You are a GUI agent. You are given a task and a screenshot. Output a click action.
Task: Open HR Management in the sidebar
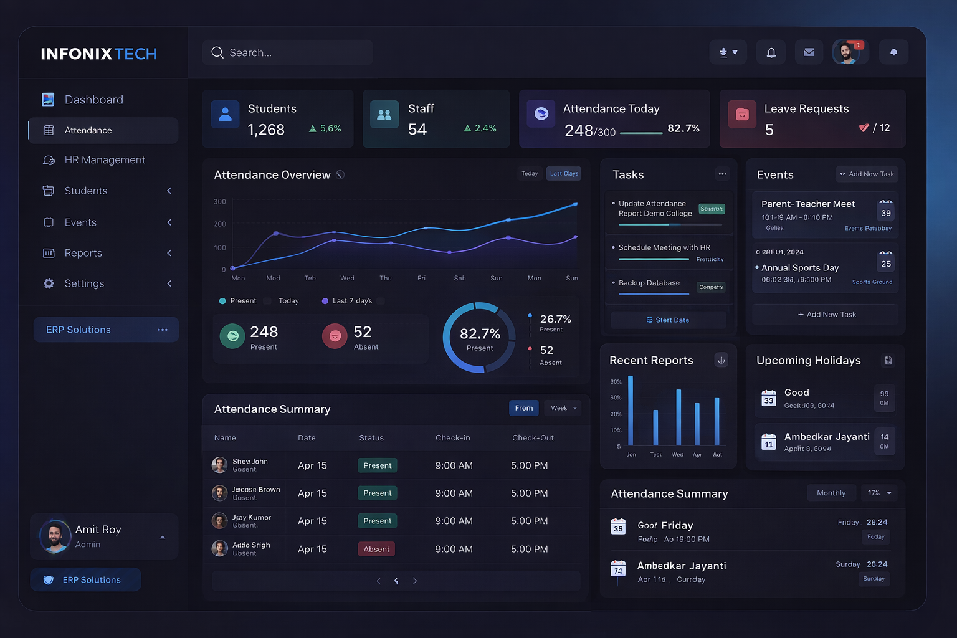click(x=104, y=160)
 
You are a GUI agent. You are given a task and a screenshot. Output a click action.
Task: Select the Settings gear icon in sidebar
click(x=49, y=283)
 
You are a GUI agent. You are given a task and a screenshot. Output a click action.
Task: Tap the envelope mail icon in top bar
click(x=809, y=52)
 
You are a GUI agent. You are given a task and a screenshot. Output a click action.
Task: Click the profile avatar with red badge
click(x=847, y=52)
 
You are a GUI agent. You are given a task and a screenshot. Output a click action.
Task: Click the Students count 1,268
click(x=266, y=130)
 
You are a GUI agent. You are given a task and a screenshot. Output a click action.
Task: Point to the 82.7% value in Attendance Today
click(x=683, y=128)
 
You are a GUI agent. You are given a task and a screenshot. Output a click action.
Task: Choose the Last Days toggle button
click(x=564, y=174)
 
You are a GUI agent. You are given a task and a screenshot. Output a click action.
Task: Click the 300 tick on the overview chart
click(x=220, y=202)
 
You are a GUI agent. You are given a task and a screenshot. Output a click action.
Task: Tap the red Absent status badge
click(x=376, y=549)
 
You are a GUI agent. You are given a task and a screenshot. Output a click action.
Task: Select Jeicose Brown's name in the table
click(x=256, y=490)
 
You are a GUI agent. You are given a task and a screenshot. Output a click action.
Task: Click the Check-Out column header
click(x=533, y=438)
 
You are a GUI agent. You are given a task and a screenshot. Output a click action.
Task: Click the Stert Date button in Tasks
click(x=668, y=320)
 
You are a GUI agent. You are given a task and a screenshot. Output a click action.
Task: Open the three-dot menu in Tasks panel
click(x=722, y=174)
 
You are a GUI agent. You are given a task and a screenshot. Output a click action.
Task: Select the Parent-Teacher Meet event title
click(x=807, y=204)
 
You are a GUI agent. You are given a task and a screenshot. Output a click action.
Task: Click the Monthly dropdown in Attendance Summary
click(x=831, y=493)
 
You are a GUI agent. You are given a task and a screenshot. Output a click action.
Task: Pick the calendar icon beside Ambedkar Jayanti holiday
click(x=769, y=442)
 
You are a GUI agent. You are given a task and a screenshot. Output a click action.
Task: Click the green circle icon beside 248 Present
click(x=232, y=336)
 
